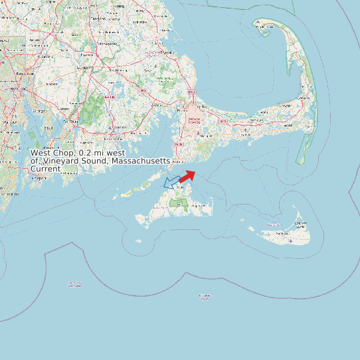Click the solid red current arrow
[x=187, y=176]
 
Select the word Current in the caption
[x=46, y=169]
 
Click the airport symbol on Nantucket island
[x=292, y=240]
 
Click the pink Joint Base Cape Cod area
[x=194, y=117]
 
